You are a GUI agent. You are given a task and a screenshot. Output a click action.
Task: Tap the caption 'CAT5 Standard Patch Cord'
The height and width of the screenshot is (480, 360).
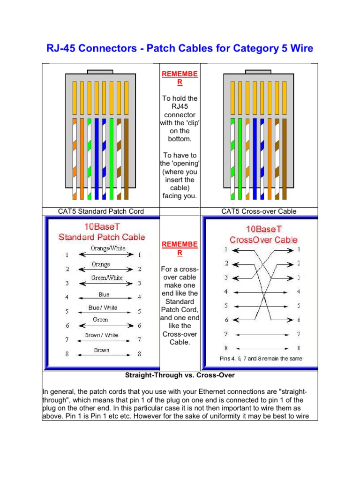tap(101, 211)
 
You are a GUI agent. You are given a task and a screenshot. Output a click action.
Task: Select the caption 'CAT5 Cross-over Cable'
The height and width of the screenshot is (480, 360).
tap(259, 211)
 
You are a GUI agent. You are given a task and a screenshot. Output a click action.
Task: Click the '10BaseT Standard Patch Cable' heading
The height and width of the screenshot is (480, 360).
tap(102, 232)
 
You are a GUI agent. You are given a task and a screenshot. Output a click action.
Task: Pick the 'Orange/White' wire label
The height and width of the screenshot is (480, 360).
tap(108, 248)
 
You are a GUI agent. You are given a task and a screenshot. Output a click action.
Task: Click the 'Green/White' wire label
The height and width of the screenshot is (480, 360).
tap(107, 278)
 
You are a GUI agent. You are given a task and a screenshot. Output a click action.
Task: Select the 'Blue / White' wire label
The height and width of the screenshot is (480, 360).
tap(103, 308)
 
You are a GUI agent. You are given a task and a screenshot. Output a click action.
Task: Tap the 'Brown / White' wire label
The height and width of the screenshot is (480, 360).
tap(102, 336)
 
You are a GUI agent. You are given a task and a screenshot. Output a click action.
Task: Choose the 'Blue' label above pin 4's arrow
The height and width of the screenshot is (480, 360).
tap(104, 295)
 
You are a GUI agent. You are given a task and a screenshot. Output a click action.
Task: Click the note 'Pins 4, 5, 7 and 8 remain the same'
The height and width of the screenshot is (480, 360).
tap(261, 359)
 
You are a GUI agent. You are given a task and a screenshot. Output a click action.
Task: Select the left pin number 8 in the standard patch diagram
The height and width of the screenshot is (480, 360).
tap(67, 354)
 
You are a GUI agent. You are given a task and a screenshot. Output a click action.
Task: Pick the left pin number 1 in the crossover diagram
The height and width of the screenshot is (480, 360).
tap(226, 250)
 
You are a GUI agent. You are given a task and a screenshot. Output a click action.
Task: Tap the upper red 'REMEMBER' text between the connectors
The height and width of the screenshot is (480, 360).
tap(180, 78)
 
